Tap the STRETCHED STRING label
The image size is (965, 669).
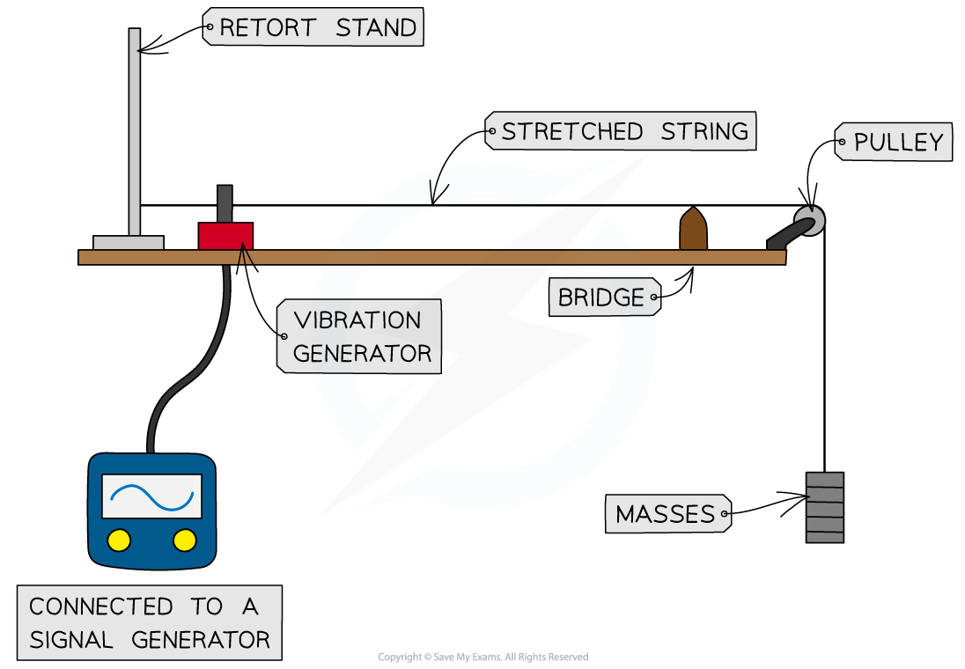pos(623,132)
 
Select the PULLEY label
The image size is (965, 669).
pos(895,143)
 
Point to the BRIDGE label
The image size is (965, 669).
pos(602,298)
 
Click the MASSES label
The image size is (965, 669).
pos(667,514)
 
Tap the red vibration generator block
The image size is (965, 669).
pos(225,237)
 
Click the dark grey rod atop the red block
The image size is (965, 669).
pos(225,203)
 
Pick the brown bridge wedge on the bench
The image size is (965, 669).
pos(693,230)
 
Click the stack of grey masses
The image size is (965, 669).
pos(825,507)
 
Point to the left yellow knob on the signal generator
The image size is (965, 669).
pos(119,540)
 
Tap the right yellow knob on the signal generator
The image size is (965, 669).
pos(185,540)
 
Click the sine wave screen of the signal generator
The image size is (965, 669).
pos(151,496)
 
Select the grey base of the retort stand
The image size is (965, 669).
pos(129,243)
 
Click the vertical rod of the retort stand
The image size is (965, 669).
pos(135,132)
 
